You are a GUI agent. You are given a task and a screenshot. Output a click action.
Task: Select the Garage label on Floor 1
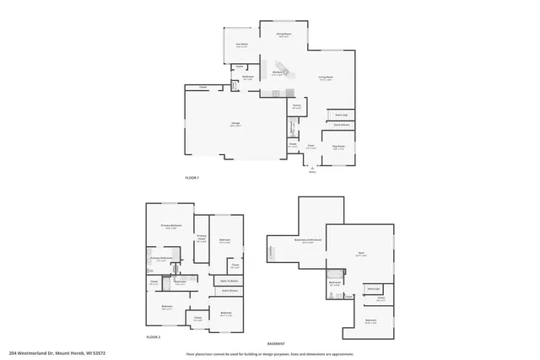pyautogui.click(x=235, y=125)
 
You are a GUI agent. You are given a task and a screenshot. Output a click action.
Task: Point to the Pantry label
pyautogui.click(x=297, y=106)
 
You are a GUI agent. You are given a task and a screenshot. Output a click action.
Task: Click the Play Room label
pyautogui.click(x=338, y=147)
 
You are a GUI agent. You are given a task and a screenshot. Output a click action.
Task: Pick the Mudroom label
pyautogui.click(x=249, y=77)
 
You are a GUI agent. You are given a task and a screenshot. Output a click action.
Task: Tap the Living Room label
pyautogui.click(x=326, y=77)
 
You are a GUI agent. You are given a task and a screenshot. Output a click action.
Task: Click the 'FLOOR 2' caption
pyautogui.click(x=154, y=336)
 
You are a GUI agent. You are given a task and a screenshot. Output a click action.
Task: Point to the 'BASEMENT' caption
pyautogui.click(x=276, y=343)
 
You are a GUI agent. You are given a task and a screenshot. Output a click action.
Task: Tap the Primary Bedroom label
pyautogui.click(x=172, y=226)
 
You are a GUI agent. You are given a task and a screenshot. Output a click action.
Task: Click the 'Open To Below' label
pyautogui.click(x=229, y=280)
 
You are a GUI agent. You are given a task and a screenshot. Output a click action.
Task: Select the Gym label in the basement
pyautogui.click(x=360, y=253)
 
